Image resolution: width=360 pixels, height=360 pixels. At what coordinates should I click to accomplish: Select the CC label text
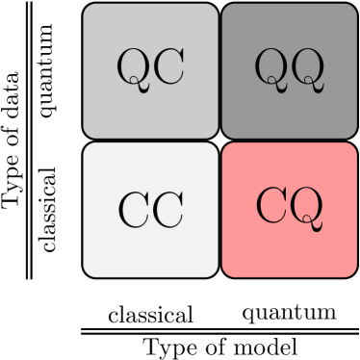[150, 210]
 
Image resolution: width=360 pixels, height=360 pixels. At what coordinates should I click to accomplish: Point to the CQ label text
[289, 205]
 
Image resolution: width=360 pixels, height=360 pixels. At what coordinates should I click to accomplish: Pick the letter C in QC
[167, 68]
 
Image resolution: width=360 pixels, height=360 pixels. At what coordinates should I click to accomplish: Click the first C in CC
[134, 210]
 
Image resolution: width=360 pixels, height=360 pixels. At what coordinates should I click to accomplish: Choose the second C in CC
[167, 210]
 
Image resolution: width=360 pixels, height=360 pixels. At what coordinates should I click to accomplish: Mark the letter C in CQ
[272, 204]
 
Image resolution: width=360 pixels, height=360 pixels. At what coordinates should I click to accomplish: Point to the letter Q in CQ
[306, 206]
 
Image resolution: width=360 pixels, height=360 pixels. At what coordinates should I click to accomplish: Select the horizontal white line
[219, 331]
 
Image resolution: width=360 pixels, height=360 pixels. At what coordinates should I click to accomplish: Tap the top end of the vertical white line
[29, 3]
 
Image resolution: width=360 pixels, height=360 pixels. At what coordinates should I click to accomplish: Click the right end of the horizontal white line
[358, 331]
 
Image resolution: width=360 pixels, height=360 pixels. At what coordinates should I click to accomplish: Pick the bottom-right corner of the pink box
[355, 275]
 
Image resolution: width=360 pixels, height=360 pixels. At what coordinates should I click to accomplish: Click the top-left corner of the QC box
[85, 5]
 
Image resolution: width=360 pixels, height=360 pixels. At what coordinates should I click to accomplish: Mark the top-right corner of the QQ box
[355, 5]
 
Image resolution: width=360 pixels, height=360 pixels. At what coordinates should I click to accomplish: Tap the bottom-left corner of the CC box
[85, 275]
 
